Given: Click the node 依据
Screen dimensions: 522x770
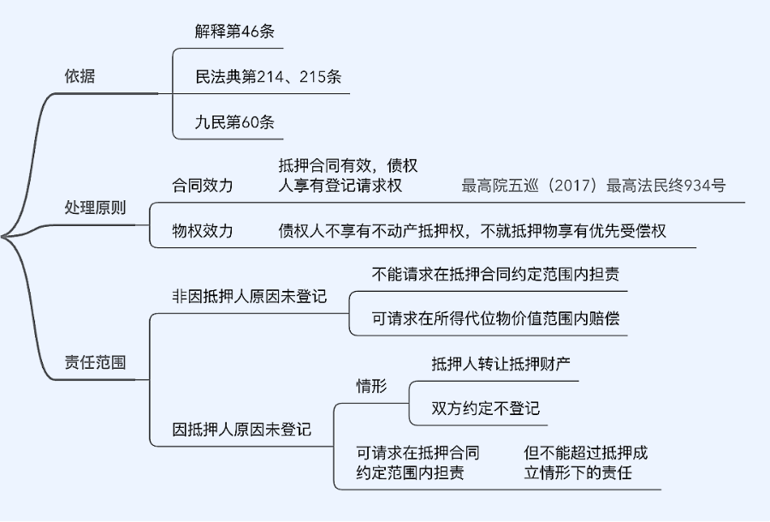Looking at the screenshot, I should pyautogui.click(x=80, y=76).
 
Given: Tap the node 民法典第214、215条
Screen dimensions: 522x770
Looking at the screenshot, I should pyautogui.click(x=269, y=76).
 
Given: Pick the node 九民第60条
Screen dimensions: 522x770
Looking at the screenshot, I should pyautogui.click(x=234, y=122).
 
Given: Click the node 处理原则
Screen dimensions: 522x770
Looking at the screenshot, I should pyautogui.click(x=95, y=209).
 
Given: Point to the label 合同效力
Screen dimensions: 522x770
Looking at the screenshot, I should pyautogui.click(x=203, y=186).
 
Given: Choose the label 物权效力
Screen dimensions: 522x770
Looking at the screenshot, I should pyautogui.click(x=203, y=231).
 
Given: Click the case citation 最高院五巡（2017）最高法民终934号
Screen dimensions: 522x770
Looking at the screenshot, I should pyautogui.click(x=593, y=186).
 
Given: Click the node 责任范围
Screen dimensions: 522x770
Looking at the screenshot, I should pyautogui.click(x=95, y=362).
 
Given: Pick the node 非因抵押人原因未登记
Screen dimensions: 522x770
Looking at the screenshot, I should pyautogui.click(x=250, y=297).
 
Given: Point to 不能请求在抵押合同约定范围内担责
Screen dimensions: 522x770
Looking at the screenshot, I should pyautogui.click(x=496, y=275).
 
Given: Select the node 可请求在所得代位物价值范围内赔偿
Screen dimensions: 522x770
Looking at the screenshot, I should pyautogui.click(x=496, y=319).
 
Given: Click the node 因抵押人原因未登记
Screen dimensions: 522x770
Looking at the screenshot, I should pyautogui.click(x=242, y=429).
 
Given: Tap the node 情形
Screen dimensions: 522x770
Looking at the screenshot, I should pyautogui.click(x=371, y=386).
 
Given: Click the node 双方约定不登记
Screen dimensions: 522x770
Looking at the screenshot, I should pyautogui.click(x=486, y=408).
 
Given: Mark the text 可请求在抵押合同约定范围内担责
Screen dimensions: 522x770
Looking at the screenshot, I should pyautogui.click(x=418, y=462).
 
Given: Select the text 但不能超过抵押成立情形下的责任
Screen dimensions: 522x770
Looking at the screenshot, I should pyautogui.click(x=586, y=462).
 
